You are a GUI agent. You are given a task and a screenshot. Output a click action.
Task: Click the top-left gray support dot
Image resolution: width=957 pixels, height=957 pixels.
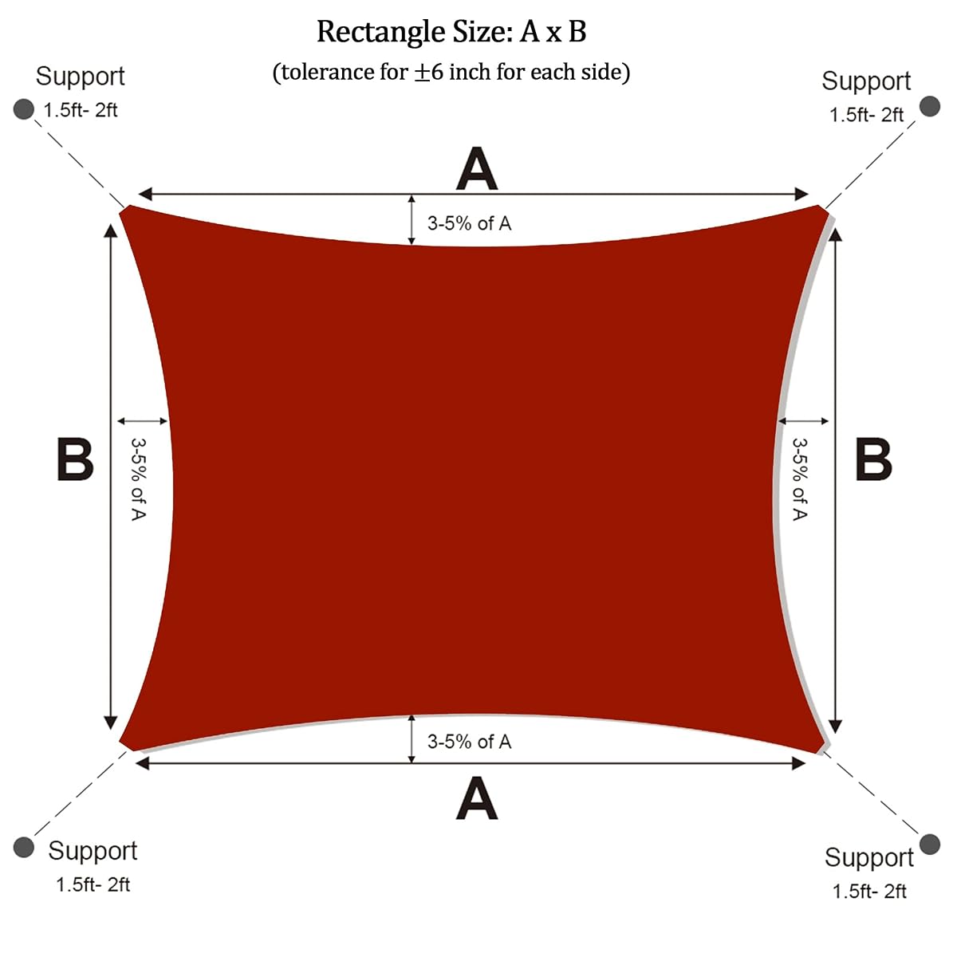coord(23,109)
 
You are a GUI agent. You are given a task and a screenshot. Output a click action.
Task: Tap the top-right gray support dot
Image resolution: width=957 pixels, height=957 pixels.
coord(930,106)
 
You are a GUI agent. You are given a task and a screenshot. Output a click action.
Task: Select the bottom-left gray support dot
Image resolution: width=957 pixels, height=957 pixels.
coord(23,847)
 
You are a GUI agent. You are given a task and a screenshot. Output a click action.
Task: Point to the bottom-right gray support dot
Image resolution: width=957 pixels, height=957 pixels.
coord(930,845)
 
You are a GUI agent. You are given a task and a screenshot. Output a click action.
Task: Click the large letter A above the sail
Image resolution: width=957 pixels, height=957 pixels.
coord(477,168)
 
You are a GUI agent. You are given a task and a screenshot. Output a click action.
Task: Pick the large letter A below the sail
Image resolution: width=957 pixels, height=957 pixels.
coord(477,798)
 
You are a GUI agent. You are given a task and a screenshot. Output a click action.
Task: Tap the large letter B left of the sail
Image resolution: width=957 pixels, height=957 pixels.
coord(75,459)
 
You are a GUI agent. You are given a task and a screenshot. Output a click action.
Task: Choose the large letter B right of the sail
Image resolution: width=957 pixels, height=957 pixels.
coord(873,459)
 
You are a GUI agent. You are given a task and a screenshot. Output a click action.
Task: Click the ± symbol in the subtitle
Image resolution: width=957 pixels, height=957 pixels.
coord(423,73)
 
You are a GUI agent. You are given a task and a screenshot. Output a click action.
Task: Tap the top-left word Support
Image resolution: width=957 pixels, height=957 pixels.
coord(80,77)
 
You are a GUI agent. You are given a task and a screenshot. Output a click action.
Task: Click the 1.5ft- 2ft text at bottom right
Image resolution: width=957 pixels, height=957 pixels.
coord(869,892)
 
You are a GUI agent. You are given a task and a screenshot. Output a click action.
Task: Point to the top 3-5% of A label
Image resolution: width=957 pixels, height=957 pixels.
coord(469,223)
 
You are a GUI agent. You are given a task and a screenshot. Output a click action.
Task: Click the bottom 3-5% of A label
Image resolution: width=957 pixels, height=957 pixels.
coord(469,742)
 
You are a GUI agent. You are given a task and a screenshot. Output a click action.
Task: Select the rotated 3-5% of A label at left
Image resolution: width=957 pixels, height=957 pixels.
coord(138,479)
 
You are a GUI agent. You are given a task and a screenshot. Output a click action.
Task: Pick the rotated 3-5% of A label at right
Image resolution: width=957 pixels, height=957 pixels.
coord(799,479)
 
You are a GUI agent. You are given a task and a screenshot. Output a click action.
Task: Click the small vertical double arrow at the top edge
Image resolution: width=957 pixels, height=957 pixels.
coord(412,220)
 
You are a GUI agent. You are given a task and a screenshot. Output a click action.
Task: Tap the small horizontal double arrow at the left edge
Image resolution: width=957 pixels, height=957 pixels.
coord(143,421)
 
